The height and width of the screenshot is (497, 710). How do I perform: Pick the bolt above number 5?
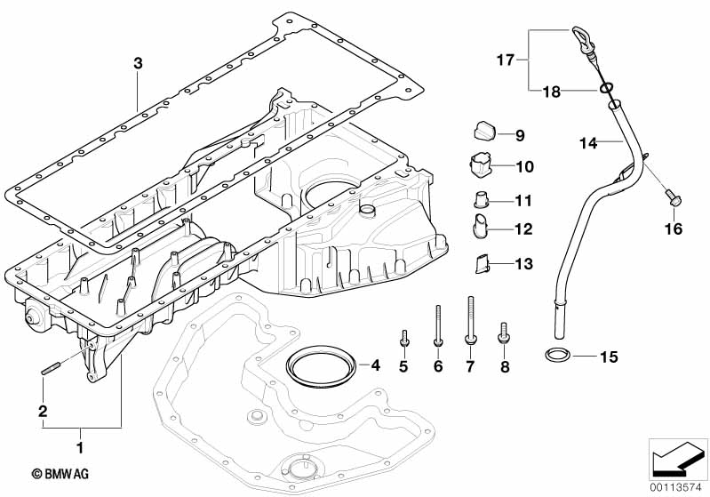pyautogui.click(x=404, y=337)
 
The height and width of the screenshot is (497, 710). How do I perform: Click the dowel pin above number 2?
pyautogui.click(x=49, y=368)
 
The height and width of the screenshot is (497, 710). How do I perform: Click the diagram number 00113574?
pyautogui.click(x=678, y=486)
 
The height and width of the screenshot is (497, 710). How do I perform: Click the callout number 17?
pyautogui.click(x=505, y=60)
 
